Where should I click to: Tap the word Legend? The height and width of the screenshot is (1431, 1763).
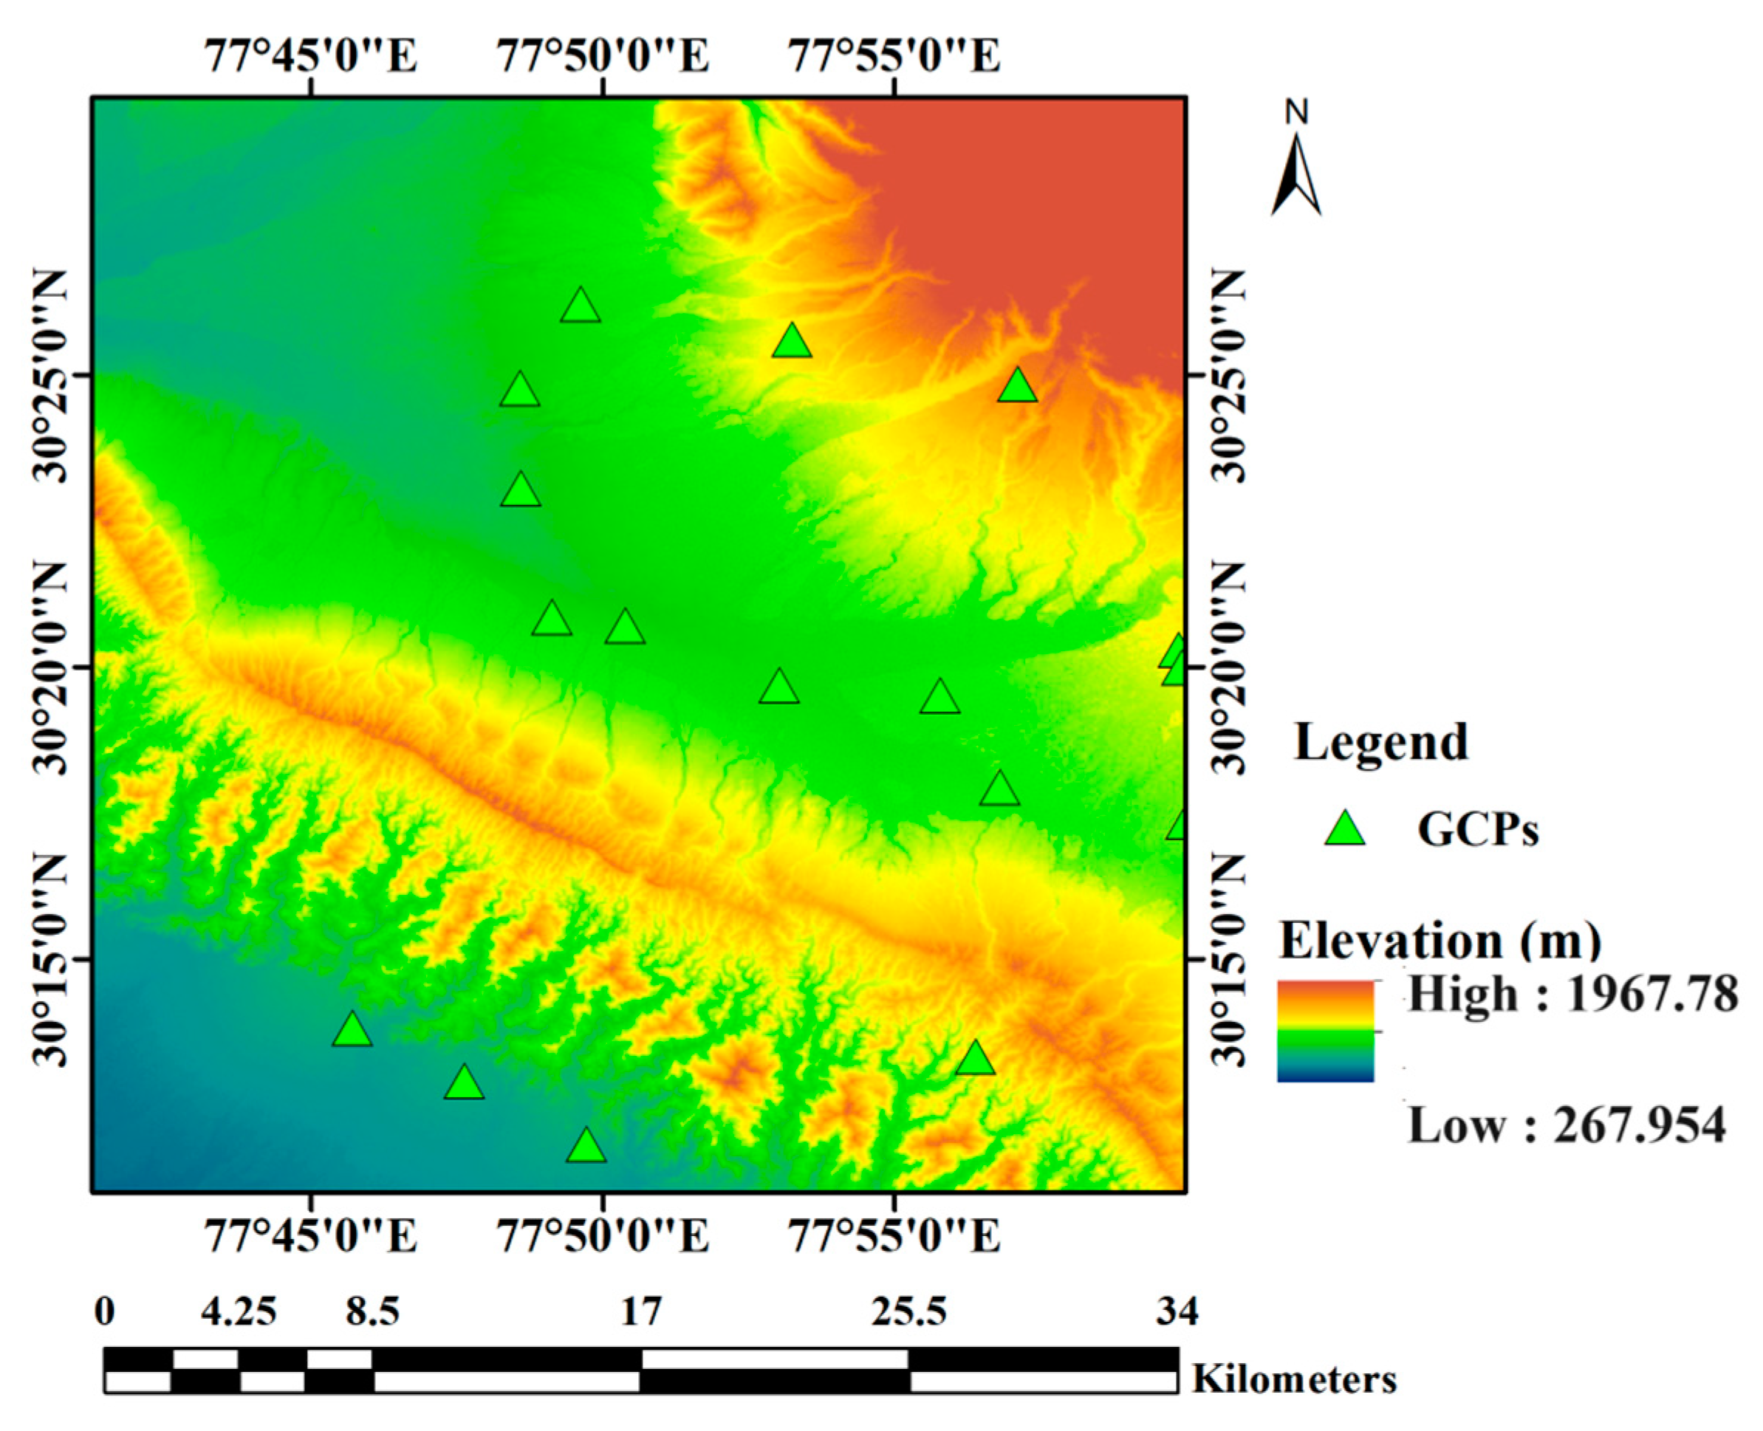[1381, 742]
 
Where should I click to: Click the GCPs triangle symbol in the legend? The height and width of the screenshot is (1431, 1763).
[1345, 830]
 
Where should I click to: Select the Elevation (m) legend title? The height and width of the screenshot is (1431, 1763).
[1440, 941]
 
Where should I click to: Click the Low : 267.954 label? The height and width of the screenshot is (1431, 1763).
[1566, 1125]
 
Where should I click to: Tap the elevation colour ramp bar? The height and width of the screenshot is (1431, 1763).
[1325, 1030]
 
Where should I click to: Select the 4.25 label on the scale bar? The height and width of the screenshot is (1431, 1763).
[239, 1311]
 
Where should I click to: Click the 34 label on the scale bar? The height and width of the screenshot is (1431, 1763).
[1177, 1311]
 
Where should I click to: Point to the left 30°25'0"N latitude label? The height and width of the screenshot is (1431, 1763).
[49, 375]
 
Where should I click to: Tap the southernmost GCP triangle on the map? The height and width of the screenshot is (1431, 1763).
[586, 1147]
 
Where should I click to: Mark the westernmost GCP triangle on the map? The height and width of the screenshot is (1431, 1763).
[352, 1030]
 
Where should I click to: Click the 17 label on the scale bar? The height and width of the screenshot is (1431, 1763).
[640, 1311]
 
